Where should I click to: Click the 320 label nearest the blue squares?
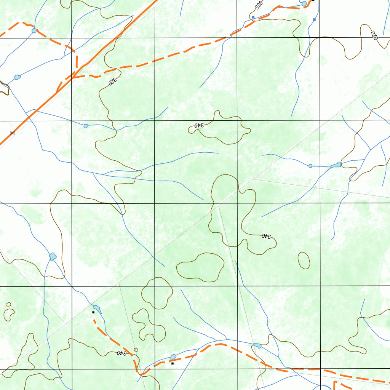point(259,5)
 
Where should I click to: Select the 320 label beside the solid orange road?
point(112,82)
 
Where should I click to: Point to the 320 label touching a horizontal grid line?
point(373,36)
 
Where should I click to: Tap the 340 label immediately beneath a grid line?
point(199,125)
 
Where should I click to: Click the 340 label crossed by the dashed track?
point(121,353)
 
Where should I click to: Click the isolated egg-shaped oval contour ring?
point(304,260)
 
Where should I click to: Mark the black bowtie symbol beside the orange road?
point(12,133)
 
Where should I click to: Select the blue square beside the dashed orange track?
point(253,17)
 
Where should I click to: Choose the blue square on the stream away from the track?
point(314,19)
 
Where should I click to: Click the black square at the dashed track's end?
point(93,312)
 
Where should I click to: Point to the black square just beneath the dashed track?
point(173,363)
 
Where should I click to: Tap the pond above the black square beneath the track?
point(173,357)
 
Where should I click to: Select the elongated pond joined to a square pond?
point(336,165)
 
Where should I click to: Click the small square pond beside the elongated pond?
point(310,166)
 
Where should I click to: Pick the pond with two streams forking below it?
point(53,256)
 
